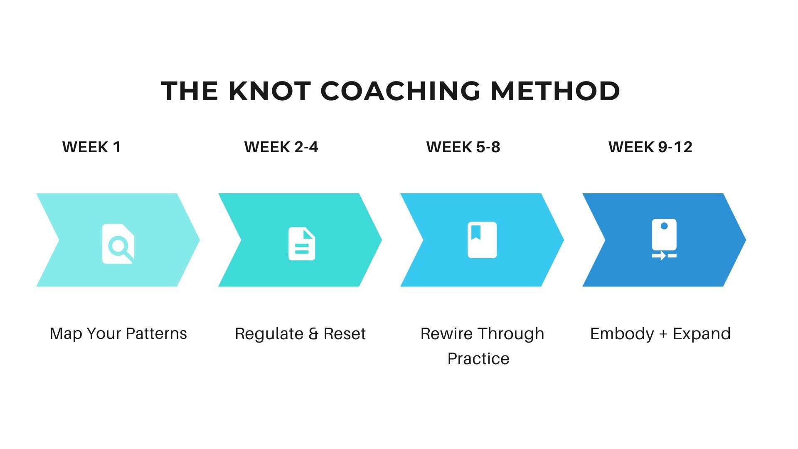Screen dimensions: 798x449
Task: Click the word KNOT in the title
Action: tap(270, 91)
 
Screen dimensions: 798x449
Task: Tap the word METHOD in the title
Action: tap(555, 91)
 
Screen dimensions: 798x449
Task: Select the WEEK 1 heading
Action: tap(91, 147)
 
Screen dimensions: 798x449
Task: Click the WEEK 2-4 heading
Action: tap(281, 147)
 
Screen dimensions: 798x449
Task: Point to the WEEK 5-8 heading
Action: tap(463, 147)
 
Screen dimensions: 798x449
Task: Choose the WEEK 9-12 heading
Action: tap(650, 147)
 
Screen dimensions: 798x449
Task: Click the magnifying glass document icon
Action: tap(118, 244)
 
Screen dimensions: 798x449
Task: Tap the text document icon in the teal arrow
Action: tap(302, 244)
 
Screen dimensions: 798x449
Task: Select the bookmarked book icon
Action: tap(482, 240)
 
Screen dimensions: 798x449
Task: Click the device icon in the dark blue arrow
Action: tap(664, 239)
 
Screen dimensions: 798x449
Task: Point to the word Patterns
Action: tap(156, 333)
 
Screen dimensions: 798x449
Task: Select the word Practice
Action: tap(478, 359)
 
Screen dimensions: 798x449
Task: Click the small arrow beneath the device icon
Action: tap(659, 256)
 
